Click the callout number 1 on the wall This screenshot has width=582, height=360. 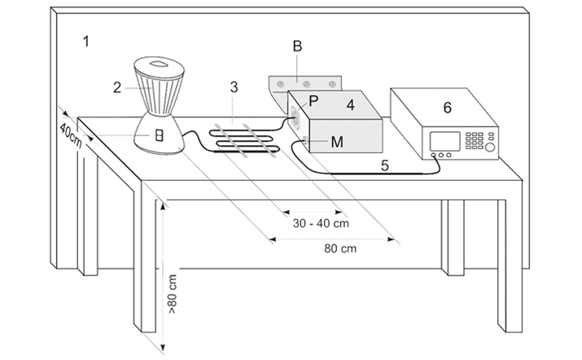tap(86, 42)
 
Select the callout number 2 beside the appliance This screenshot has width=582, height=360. tap(117, 88)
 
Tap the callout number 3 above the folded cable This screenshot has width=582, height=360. tap(234, 87)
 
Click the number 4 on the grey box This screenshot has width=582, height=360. tap(350, 105)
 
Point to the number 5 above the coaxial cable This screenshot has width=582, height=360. tap(385, 165)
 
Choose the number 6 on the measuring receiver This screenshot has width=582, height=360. tap(448, 108)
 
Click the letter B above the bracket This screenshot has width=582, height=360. tap(297, 46)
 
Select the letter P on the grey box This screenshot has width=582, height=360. tap(313, 101)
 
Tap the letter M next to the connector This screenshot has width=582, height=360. tap(337, 142)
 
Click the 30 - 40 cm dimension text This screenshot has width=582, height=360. tap(321, 223)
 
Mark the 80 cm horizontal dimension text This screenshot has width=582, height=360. tap(340, 248)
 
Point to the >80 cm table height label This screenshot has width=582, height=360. tap(173, 294)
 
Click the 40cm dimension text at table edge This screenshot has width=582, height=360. tap(71, 135)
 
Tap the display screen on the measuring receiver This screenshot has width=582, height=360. tap(444, 141)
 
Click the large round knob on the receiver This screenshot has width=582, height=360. tap(489, 147)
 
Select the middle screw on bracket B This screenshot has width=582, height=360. tap(307, 85)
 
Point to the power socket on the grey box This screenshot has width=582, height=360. tap(295, 116)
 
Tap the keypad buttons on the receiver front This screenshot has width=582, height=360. tap(475, 140)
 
